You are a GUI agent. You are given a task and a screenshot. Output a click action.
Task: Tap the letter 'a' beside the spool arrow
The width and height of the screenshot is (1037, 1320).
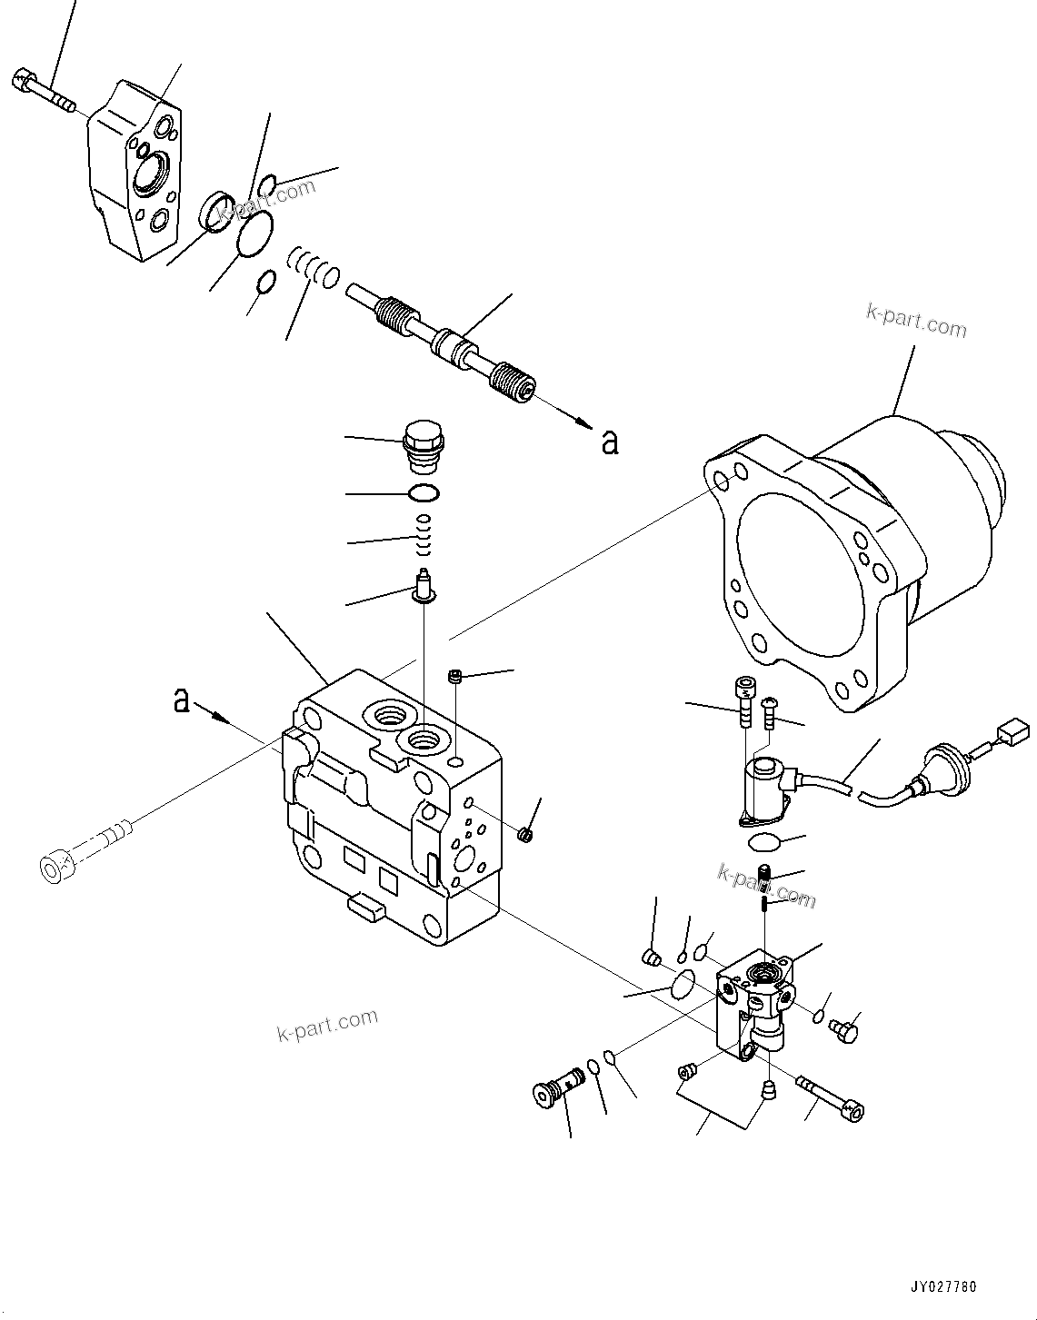click(x=610, y=441)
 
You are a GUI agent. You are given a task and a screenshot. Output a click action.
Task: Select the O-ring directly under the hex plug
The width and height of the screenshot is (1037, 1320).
click(x=424, y=493)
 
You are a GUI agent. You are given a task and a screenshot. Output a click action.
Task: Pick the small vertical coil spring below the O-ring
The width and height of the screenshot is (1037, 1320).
click(x=423, y=537)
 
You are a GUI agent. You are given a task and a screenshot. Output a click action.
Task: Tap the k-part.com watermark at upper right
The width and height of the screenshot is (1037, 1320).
click(x=916, y=321)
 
